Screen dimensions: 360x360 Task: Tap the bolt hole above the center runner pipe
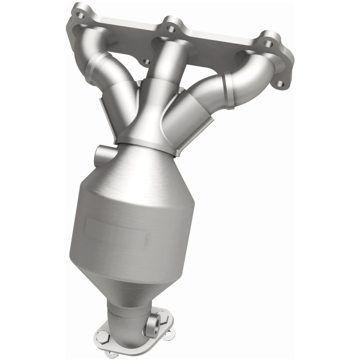click(x=171, y=28)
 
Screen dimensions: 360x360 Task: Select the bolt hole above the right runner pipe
click(x=268, y=44)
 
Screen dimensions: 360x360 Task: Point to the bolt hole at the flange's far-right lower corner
click(x=281, y=83)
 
